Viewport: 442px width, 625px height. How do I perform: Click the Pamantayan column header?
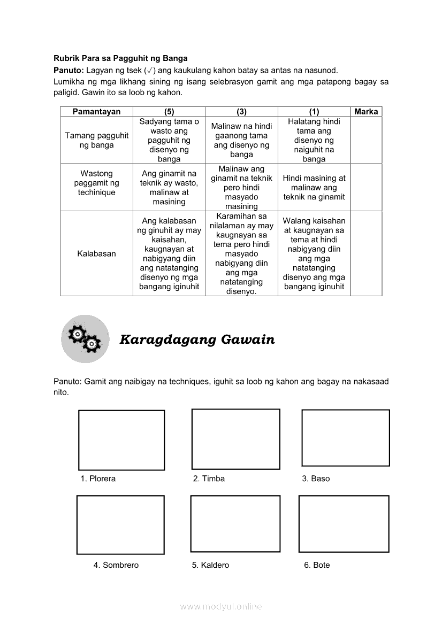click(96, 112)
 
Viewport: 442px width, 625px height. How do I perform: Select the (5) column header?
click(169, 112)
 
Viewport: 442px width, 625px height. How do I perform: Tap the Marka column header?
click(366, 112)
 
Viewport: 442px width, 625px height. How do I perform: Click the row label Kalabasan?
click(96, 253)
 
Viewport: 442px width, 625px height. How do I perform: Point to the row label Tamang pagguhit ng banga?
click(96, 140)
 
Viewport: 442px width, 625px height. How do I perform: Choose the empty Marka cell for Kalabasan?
click(366, 253)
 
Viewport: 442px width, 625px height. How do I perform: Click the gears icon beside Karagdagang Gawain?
click(85, 338)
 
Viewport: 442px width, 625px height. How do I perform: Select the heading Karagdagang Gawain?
click(197, 339)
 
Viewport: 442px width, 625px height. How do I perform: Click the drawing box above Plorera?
click(121, 440)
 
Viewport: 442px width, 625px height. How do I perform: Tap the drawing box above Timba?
click(235, 439)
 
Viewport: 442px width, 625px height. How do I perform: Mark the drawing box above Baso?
click(346, 438)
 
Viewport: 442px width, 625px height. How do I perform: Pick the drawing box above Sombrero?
click(120, 524)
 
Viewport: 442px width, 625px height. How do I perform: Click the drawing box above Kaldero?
click(235, 523)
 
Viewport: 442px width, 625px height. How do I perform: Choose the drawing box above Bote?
click(344, 523)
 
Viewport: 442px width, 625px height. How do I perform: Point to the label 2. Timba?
click(209, 479)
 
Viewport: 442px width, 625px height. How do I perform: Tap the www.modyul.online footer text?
click(221, 607)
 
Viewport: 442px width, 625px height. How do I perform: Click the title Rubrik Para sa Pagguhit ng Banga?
click(120, 58)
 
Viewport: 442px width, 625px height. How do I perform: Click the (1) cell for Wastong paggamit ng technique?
click(314, 188)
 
